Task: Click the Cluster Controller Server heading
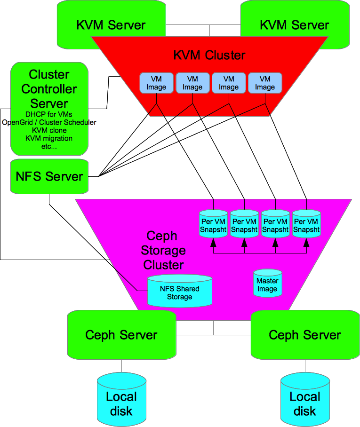(49, 89)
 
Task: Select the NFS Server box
(49, 177)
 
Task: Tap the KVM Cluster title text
(209, 55)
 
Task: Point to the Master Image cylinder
(267, 284)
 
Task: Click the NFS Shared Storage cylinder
(179, 292)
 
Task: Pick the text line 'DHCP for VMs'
(49, 114)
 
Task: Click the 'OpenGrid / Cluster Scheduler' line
(49, 122)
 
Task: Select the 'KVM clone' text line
(49, 130)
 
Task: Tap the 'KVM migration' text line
(49, 138)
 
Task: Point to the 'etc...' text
(49, 146)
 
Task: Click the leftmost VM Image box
(156, 83)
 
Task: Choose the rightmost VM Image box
(264, 83)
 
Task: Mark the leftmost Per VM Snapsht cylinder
(213, 225)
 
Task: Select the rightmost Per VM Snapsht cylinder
(306, 225)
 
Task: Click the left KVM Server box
(111, 25)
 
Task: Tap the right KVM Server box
(295, 25)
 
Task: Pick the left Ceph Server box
(121, 335)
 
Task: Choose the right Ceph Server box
(305, 335)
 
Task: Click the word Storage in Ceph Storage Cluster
(163, 250)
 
